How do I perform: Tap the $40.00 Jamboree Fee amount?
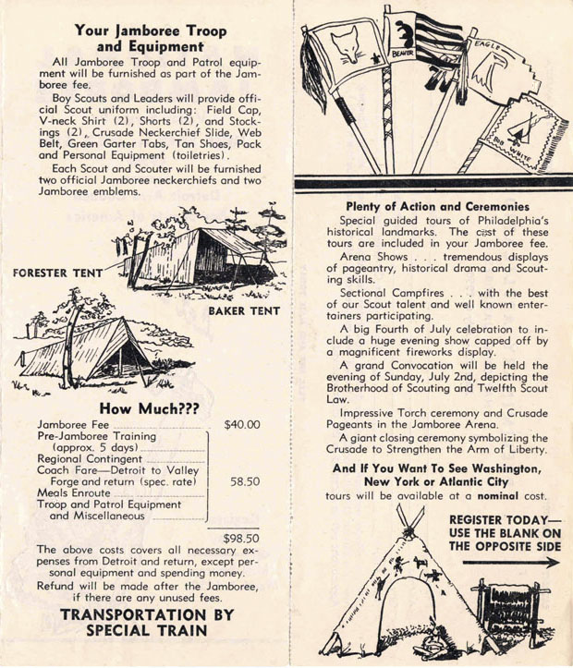(242, 425)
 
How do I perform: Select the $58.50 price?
(242, 482)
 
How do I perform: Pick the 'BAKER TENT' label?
(242, 312)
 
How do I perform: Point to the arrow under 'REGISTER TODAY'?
(509, 562)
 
